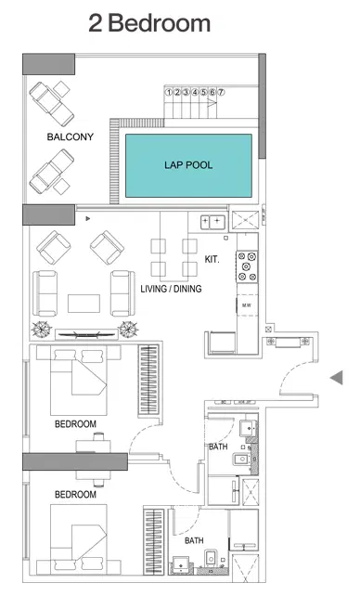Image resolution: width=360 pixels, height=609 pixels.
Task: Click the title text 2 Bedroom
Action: pos(149,23)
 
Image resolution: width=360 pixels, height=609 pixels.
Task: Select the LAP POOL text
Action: pos(188,165)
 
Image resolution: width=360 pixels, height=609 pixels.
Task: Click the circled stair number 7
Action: pos(223,92)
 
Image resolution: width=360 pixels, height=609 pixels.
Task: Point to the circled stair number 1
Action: pos(169,92)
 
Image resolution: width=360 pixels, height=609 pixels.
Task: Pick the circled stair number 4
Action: pos(196,92)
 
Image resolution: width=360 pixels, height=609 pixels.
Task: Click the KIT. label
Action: pos(212,260)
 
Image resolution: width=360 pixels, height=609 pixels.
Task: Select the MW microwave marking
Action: pos(247,304)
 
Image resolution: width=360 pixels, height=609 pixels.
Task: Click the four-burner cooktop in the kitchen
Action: pos(247,266)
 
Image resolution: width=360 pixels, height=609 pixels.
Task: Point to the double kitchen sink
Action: pos(212,222)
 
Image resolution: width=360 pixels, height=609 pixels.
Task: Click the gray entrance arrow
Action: pos(337,376)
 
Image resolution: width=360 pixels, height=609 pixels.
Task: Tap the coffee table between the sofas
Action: pos(84,304)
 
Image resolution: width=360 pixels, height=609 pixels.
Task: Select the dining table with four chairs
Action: pos(173,258)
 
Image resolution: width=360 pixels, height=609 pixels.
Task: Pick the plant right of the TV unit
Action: pos(128,329)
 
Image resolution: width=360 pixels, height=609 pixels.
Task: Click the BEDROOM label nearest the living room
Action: pos(75,423)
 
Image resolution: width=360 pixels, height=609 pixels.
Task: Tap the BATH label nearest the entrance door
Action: pos(218,447)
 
